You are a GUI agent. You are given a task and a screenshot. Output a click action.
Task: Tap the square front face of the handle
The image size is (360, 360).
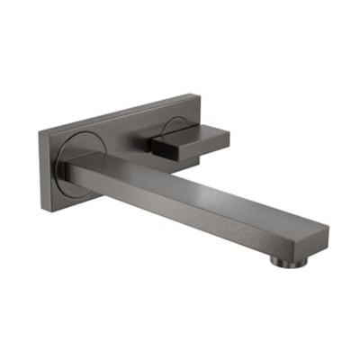click(166, 146)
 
